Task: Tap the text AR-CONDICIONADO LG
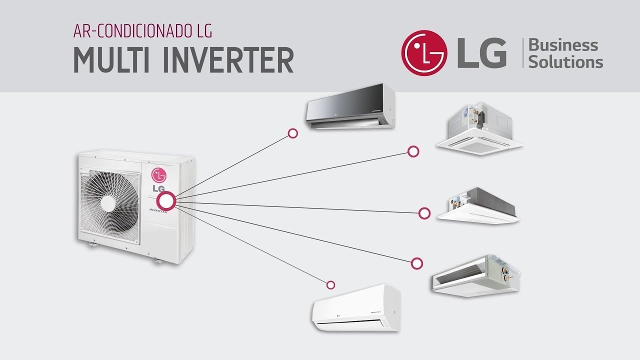click(142, 30)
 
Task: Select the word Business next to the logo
click(563, 45)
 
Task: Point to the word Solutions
click(565, 62)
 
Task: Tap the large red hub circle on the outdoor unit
click(166, 201)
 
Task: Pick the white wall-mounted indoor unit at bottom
click(356, 308)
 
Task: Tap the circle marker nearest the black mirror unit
click(293, 133)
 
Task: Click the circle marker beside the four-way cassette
click(413, 151)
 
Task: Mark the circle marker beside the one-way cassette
click(424, 213)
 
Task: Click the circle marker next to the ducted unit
click(417, 263)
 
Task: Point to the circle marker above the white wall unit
click(330, 285)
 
